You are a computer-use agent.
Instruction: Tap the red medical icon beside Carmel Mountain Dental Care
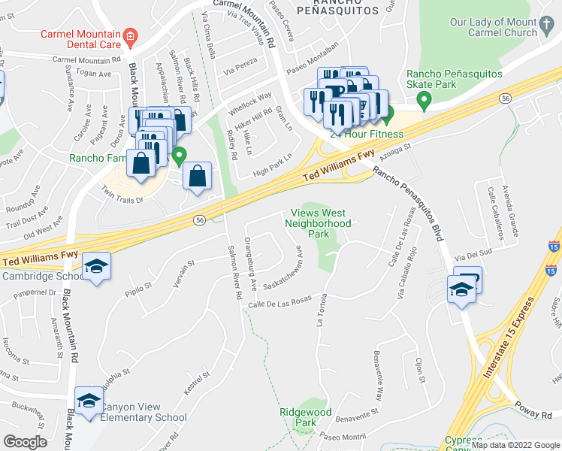click(131, 35)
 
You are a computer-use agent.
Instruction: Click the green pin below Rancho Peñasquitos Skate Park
click(425, 98)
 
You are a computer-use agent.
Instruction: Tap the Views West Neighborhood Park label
click(318, 223)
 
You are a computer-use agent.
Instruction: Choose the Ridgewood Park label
click(305, 417)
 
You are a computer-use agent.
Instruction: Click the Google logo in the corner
click(24, 442)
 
